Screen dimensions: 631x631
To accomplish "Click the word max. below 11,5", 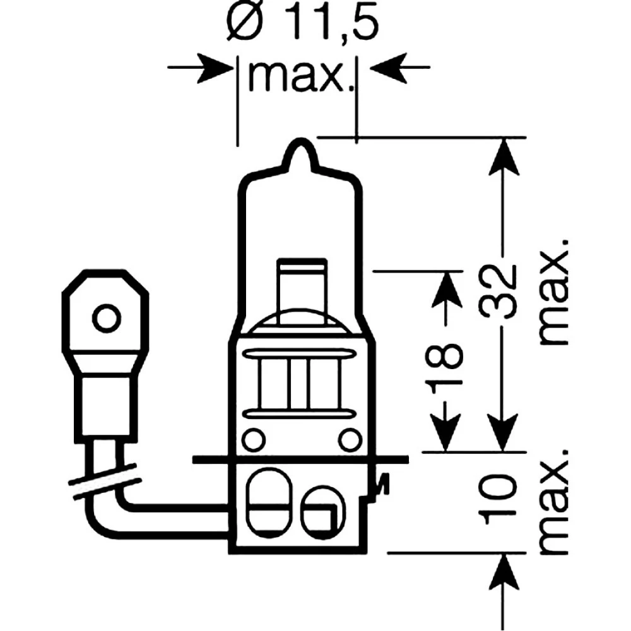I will click(298, 76).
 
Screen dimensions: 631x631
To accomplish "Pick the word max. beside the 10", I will click(555, 502).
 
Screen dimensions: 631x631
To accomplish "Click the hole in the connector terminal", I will click(105, 316).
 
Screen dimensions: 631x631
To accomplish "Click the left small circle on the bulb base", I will click(252, 437).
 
